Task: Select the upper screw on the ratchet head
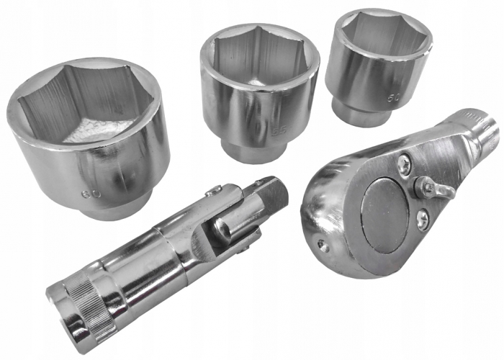click(406, 163)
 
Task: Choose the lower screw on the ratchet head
click(422, 215)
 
